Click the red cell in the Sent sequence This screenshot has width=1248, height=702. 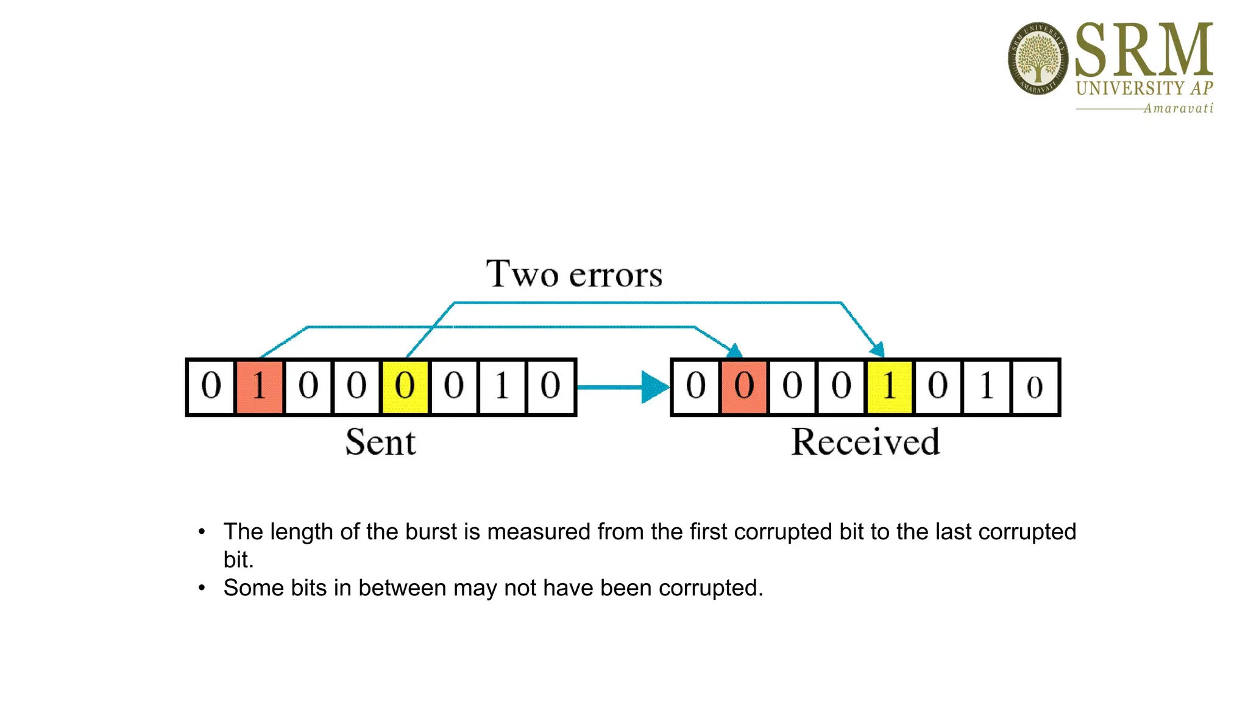259,387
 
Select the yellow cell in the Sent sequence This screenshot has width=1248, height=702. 405,387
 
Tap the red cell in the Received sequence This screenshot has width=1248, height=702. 743,387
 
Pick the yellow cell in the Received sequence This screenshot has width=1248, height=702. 889,387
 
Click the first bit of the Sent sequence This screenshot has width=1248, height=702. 211,387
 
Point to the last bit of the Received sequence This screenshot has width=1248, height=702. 1035,387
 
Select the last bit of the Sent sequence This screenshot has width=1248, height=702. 551,387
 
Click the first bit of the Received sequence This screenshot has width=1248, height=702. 695,387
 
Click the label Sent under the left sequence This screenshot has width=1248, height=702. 380,442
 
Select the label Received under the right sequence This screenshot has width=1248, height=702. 865,442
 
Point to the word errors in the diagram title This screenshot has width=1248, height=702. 615,275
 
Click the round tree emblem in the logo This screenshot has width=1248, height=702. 1038,58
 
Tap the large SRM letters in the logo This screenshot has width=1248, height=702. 1144,50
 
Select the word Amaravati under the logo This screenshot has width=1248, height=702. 1178,108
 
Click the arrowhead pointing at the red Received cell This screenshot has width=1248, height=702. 735,350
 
